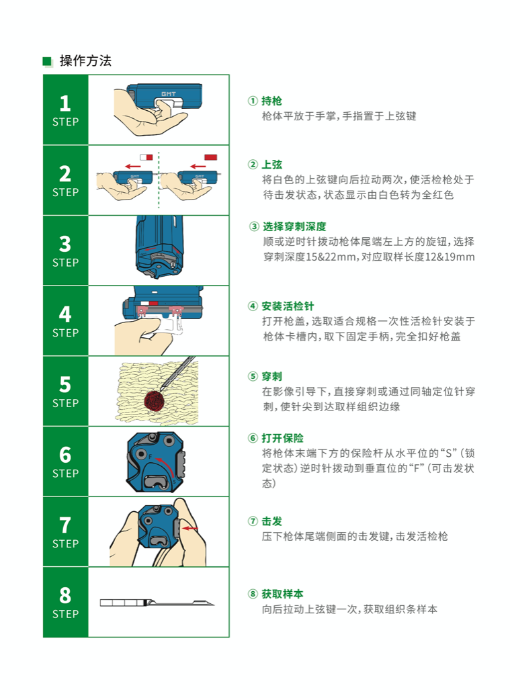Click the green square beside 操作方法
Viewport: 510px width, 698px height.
[47, 61]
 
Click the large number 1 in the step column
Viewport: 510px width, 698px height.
[65, 103]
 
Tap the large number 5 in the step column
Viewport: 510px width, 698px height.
[65, 385]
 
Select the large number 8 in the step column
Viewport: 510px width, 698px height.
[65, 596]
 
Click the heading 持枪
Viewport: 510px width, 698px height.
[271, 101]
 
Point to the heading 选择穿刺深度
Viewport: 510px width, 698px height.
[294, 226]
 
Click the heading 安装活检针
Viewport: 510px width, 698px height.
[288, 306]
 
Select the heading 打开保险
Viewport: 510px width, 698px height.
[282, 438]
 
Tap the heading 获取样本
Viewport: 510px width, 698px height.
[282, 594]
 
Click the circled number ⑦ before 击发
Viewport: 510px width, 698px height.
[253, 521]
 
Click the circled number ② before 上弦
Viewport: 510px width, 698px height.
[253, 165]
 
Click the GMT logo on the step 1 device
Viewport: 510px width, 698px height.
[169, 94]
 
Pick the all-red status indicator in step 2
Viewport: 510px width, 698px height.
[211, 157]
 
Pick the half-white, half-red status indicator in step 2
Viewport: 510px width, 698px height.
[146, 157]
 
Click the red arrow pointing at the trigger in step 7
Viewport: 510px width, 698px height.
[190, 529]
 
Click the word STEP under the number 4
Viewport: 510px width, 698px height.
[65, 333]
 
